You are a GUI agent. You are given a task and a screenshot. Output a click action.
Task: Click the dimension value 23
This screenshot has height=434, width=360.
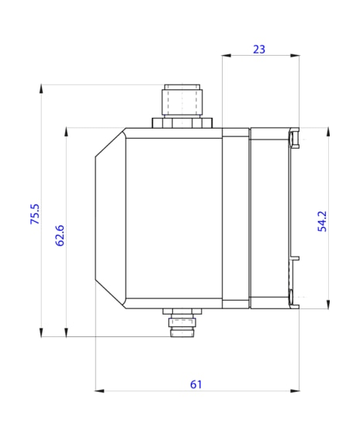259,49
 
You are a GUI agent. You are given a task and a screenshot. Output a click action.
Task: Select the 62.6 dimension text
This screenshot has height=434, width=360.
60,235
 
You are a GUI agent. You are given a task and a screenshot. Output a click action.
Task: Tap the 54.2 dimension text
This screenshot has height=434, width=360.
322,221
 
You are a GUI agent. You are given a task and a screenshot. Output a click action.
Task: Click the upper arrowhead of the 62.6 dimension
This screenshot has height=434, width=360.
67,132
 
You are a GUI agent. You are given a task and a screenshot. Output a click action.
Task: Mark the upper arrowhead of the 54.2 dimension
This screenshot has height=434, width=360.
329,132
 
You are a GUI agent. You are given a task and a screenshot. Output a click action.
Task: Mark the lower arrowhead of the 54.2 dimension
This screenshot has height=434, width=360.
329,304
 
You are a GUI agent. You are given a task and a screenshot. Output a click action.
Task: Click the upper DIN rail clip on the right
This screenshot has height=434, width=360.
294,138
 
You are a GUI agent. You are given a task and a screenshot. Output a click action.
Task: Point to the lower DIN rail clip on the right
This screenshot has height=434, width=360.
293,298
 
